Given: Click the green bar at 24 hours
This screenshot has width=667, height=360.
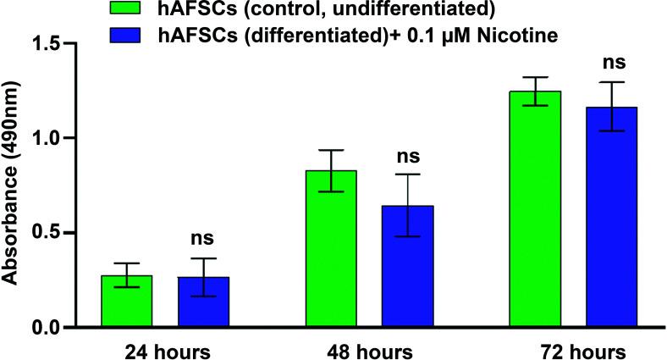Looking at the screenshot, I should (127, 302).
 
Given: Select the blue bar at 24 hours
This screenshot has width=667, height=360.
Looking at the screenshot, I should (203, 302).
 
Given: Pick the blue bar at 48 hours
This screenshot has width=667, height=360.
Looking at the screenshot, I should (407, 267).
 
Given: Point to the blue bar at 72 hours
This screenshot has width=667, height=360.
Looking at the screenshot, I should (611, 217).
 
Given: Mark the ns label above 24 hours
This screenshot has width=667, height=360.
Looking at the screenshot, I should (203, 240).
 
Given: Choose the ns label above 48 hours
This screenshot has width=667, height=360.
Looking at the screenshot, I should (407, 157).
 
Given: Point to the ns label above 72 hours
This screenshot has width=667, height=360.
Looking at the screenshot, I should (611, 63).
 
